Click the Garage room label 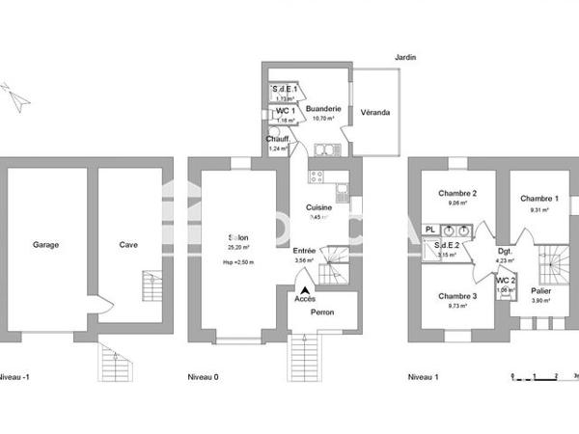coord(45,245)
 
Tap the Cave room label coord(128,245)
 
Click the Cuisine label coord(320,207)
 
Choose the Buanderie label coord(323,110)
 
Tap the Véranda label coord(375,113)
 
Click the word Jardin coord(405,58)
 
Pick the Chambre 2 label coord(458,192)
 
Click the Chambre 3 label coord(457,296)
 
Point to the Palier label coord(541,289)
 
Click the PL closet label coord(430,230)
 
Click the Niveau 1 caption coord(423,377)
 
